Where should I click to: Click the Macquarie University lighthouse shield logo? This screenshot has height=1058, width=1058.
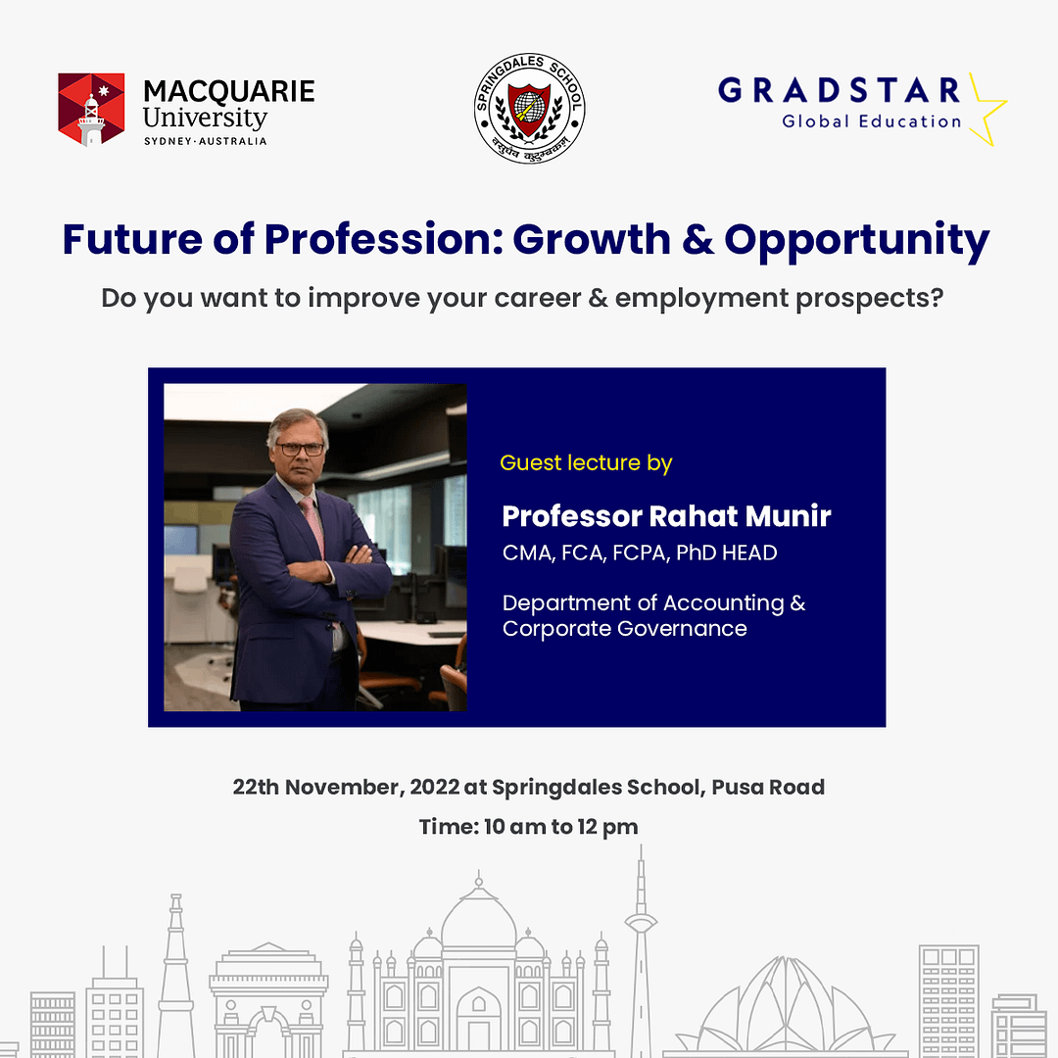(91, 110)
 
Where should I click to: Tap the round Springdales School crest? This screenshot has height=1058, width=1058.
(530, 108)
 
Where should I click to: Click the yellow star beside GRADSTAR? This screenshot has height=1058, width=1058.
(987, 110)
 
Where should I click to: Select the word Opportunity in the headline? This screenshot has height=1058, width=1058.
(857, 240)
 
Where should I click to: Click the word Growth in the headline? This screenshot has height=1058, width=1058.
(592, 239)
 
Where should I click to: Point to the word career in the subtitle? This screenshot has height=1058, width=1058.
(537, 298)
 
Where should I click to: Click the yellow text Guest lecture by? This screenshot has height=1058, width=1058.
(586, 463)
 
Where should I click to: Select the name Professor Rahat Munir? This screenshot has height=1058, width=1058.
(667, 516)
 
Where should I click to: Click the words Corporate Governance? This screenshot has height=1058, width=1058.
(625, 629)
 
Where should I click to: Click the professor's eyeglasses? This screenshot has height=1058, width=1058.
(300, 449)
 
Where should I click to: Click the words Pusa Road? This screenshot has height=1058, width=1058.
(768, 788)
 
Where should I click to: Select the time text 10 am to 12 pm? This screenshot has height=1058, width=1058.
(560, 827)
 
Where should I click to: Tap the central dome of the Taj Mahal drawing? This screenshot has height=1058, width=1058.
(478, 914)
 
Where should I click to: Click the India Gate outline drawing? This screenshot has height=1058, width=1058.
(268, 998)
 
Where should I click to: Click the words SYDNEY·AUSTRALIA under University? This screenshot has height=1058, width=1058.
(205, 141)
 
